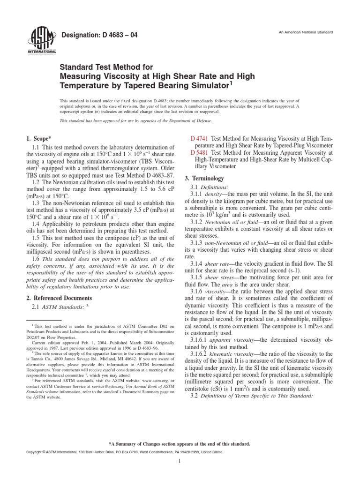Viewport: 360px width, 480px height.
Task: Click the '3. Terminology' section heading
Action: [x=208, y=179]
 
